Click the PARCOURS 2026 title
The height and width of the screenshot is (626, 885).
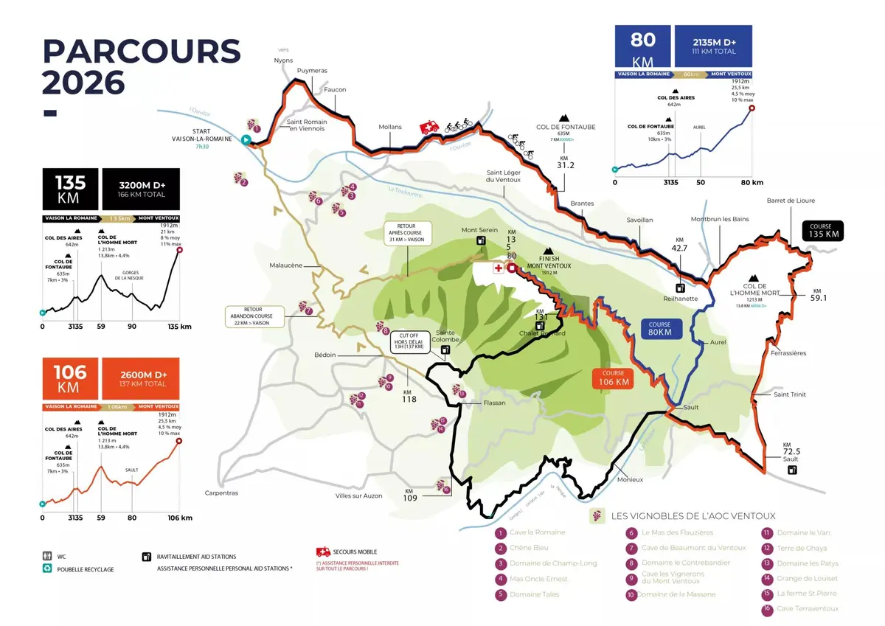pos(140,66)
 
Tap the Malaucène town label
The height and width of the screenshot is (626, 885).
pos(285,265)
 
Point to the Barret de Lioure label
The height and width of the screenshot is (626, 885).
pos(791,201)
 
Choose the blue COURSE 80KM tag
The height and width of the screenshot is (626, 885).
pos(659,328)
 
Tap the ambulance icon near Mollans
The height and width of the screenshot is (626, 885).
pos(428,128)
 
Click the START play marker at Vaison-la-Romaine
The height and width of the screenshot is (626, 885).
pos(247,139)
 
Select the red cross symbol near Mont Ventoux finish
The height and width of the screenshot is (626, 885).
pos(499,268)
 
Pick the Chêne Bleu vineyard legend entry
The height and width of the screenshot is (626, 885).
pos(529,548)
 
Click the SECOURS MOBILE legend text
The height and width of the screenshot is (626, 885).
pos(355,552)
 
